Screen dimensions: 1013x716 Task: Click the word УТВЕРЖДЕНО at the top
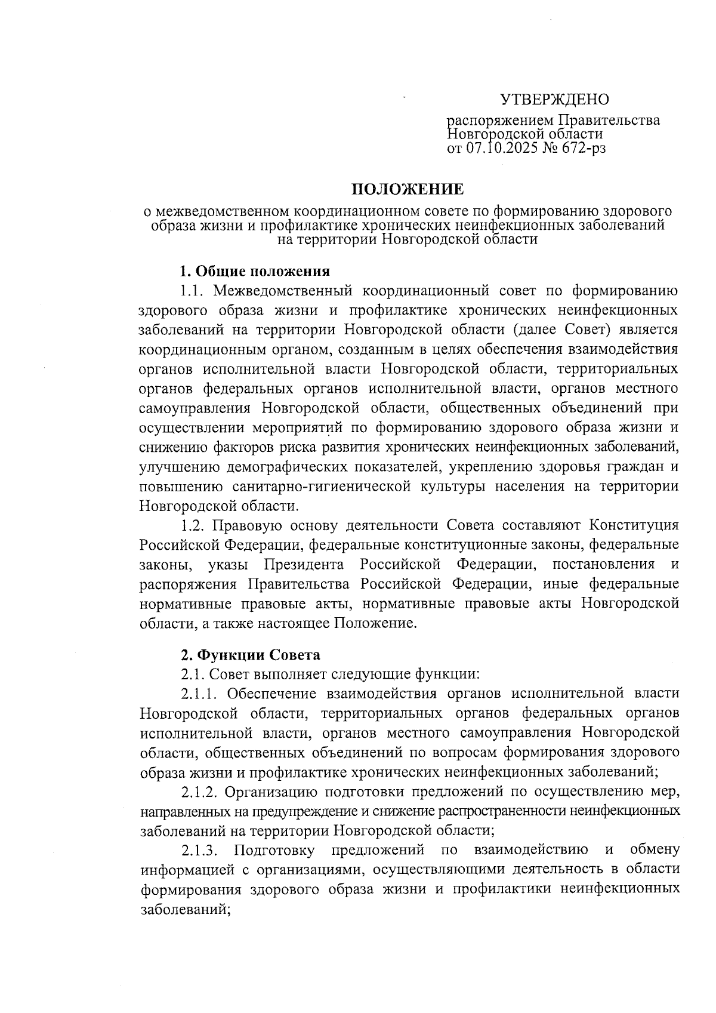[x=554, y=99]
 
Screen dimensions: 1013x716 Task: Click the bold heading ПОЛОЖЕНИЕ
[x=407, y=190]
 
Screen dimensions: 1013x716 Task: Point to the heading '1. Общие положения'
[x=255, y=272]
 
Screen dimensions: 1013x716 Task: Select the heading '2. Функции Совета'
[x=251, y=655]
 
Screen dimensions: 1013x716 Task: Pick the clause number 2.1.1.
[x=200, y=694]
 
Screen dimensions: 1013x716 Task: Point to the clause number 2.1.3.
[x=200, y=849]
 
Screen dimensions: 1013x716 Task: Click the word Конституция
[x=634, y=525]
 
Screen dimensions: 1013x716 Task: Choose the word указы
[x=228, y=564]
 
